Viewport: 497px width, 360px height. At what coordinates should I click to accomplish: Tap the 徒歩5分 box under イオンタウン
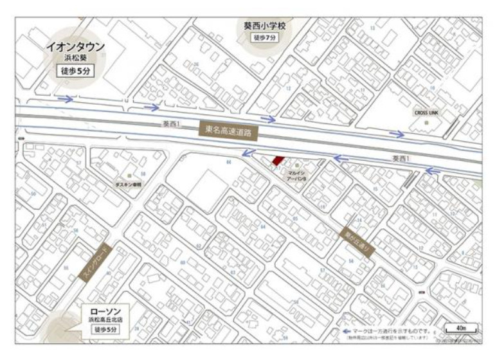pos(74,72)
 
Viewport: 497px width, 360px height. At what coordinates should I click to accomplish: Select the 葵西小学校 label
pos(268,24)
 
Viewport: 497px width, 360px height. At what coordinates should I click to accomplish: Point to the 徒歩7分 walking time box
pos(268,37)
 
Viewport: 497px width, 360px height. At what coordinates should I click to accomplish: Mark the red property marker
pos(276,160)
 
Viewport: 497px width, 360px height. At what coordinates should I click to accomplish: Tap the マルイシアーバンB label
pos(296,176)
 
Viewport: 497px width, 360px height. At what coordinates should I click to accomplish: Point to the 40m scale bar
pos(460,330)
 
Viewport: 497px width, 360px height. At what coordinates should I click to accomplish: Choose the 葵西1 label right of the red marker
pos(400,157)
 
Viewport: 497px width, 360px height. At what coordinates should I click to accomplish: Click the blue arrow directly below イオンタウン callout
pos(64,99)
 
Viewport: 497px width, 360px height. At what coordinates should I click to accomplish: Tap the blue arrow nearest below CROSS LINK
pos(398,134)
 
